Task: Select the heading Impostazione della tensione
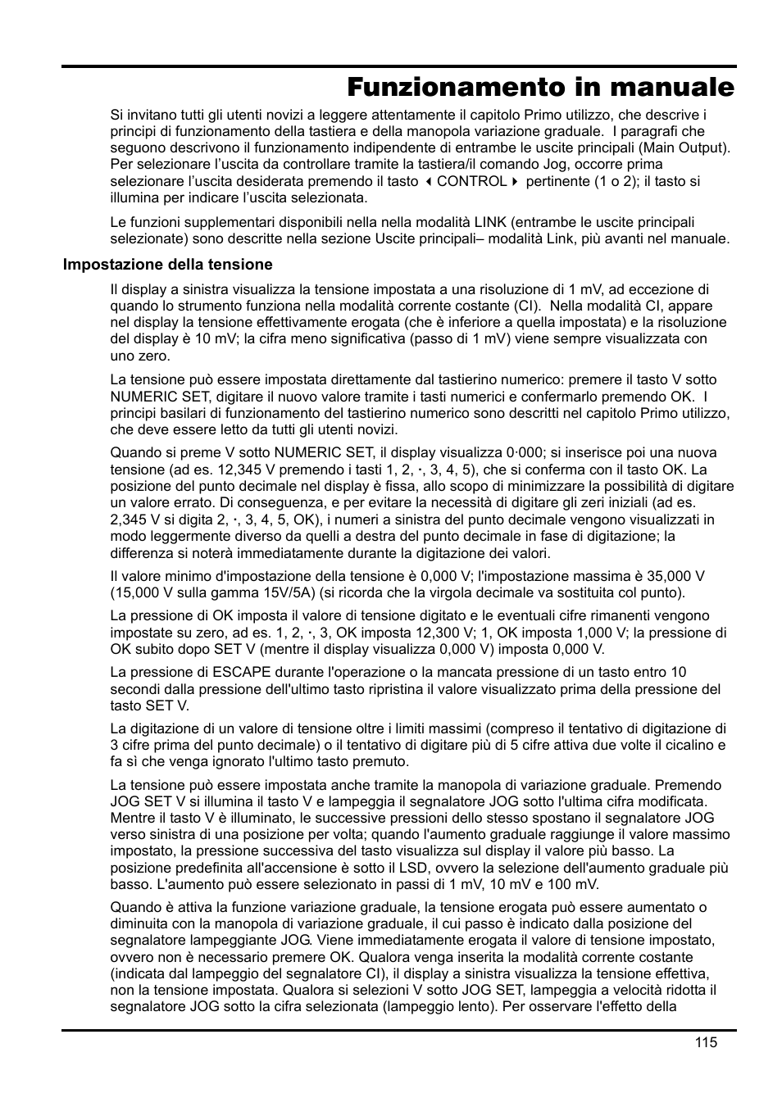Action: [167, 265]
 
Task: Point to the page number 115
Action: [706, 1042]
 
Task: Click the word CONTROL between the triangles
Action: [471, 181]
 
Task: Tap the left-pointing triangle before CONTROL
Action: [429, 181]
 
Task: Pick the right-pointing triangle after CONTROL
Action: [515, 181]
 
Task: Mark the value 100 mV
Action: [572, 884]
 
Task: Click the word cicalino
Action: [691, 745]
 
